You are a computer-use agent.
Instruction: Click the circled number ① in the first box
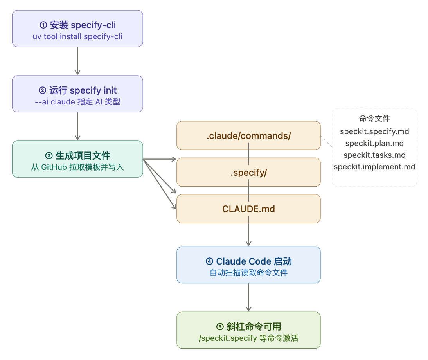pos(43,25)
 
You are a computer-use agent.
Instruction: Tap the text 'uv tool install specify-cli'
pos(77,36)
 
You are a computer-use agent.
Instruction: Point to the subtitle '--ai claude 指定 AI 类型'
pos(77,102)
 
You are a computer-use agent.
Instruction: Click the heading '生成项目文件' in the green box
pos(83,156)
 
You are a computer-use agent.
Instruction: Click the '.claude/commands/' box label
pos(248,136)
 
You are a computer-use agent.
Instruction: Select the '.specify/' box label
pos(248,172)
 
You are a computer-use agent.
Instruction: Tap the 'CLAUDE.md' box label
pos(248,209)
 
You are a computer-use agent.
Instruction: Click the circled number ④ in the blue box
pos(209,261)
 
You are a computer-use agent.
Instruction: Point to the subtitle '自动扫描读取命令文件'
pos(248,273)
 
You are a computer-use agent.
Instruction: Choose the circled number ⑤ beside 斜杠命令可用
pos(220,327)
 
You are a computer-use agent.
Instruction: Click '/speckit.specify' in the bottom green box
pos(228,338)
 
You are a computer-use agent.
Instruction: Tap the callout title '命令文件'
pos(374,119)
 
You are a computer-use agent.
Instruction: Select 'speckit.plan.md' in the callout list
pos(374,143)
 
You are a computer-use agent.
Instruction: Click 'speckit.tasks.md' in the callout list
pos(374,155)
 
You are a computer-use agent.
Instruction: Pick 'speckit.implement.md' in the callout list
pos(374,167)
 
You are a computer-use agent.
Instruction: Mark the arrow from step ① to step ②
pos(77,61)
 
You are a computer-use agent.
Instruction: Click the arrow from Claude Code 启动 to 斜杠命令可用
pos(248,297)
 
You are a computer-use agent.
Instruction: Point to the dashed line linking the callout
pos(326,142)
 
